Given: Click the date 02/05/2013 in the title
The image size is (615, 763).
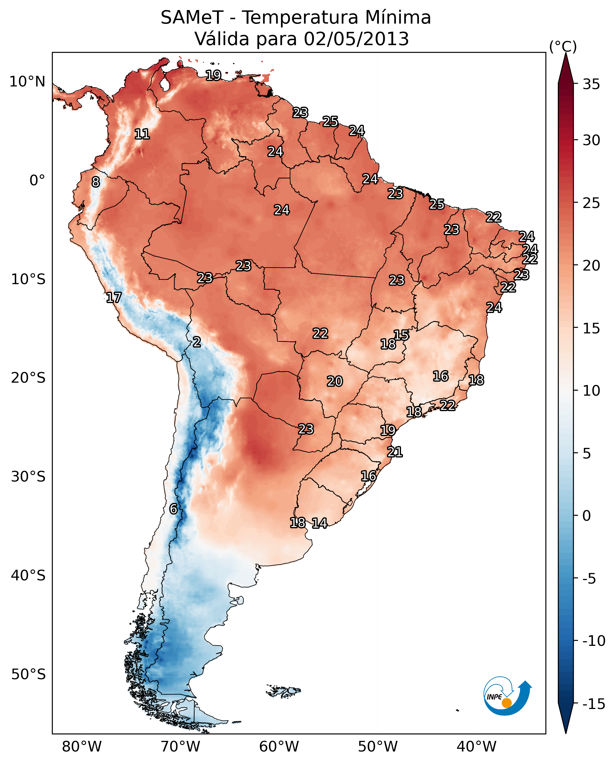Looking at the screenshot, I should [x=356, y=39].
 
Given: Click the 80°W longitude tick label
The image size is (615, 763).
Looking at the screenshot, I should [x=82, y=746].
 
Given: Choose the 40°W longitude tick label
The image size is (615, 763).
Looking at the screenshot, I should [x=476, y=746].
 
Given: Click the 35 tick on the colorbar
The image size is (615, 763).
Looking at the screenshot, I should [x=591, y=84].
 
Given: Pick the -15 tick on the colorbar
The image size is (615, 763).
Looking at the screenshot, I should [x=593, y=704].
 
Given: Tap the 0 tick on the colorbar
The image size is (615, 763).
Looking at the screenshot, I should [x=587, y=516].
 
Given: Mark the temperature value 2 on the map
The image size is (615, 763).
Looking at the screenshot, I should [x=197, y=342].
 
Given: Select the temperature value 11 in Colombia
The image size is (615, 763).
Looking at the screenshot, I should [x=142, y=134].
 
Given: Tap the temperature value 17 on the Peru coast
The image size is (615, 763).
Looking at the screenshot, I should [x=114, y=297].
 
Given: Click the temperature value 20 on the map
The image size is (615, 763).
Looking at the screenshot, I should [x=335, y=381].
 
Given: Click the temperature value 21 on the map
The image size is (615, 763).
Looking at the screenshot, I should [x=395, y=452].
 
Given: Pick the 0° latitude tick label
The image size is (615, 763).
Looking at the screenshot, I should [x=37, y=181].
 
